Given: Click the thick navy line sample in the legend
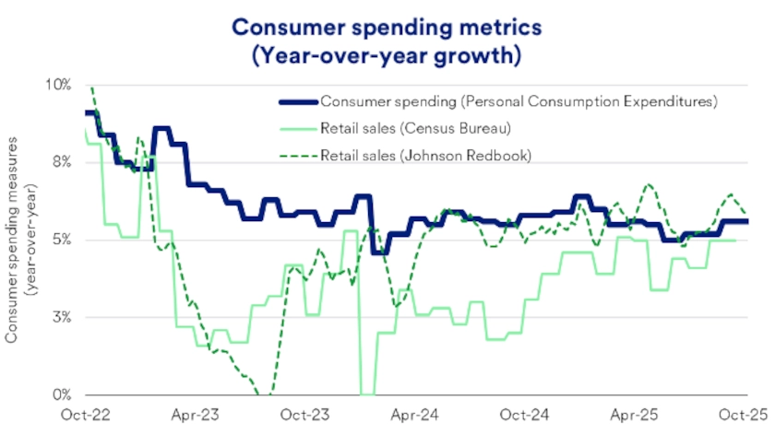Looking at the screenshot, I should [297, 100].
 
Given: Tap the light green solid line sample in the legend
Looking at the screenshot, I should [297, 127].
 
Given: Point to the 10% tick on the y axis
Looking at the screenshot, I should [58, 85].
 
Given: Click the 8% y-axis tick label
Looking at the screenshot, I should [61, 162].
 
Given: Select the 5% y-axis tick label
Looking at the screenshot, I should [61, 240].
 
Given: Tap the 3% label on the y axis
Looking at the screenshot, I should [61, 317].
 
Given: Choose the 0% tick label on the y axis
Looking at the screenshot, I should [61, 394].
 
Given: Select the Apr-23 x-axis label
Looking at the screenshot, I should [196, 416].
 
